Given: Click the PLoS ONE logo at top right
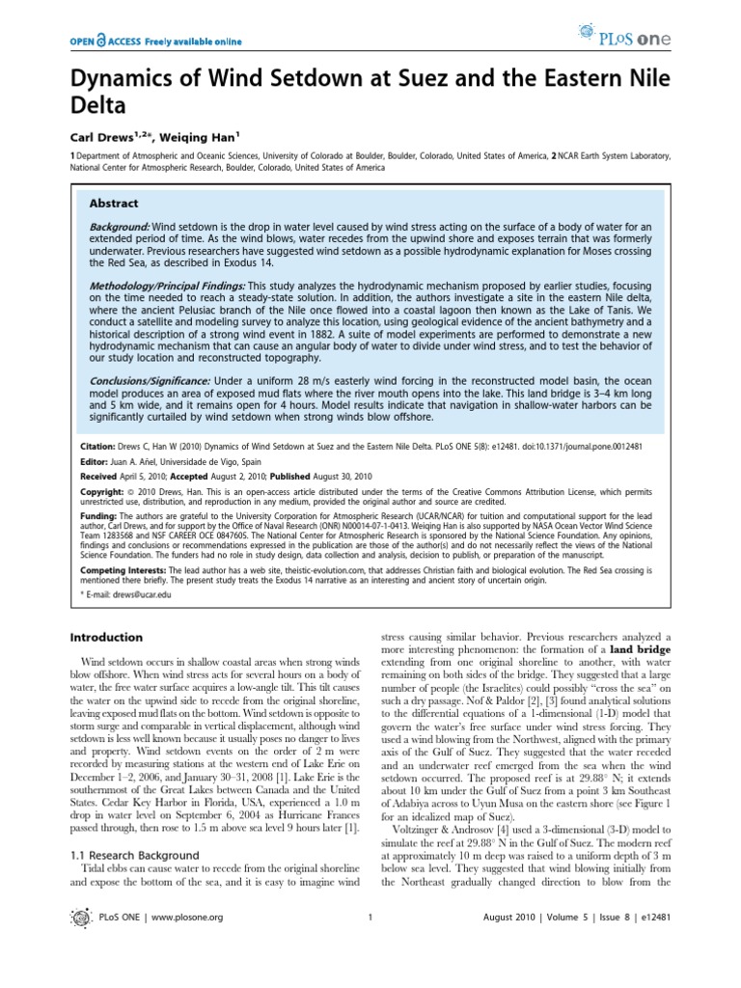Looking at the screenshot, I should (x=673, y=41).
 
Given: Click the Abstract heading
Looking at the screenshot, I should (x=114, y=204).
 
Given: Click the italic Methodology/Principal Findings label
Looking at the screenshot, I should (x=167, y=287).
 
